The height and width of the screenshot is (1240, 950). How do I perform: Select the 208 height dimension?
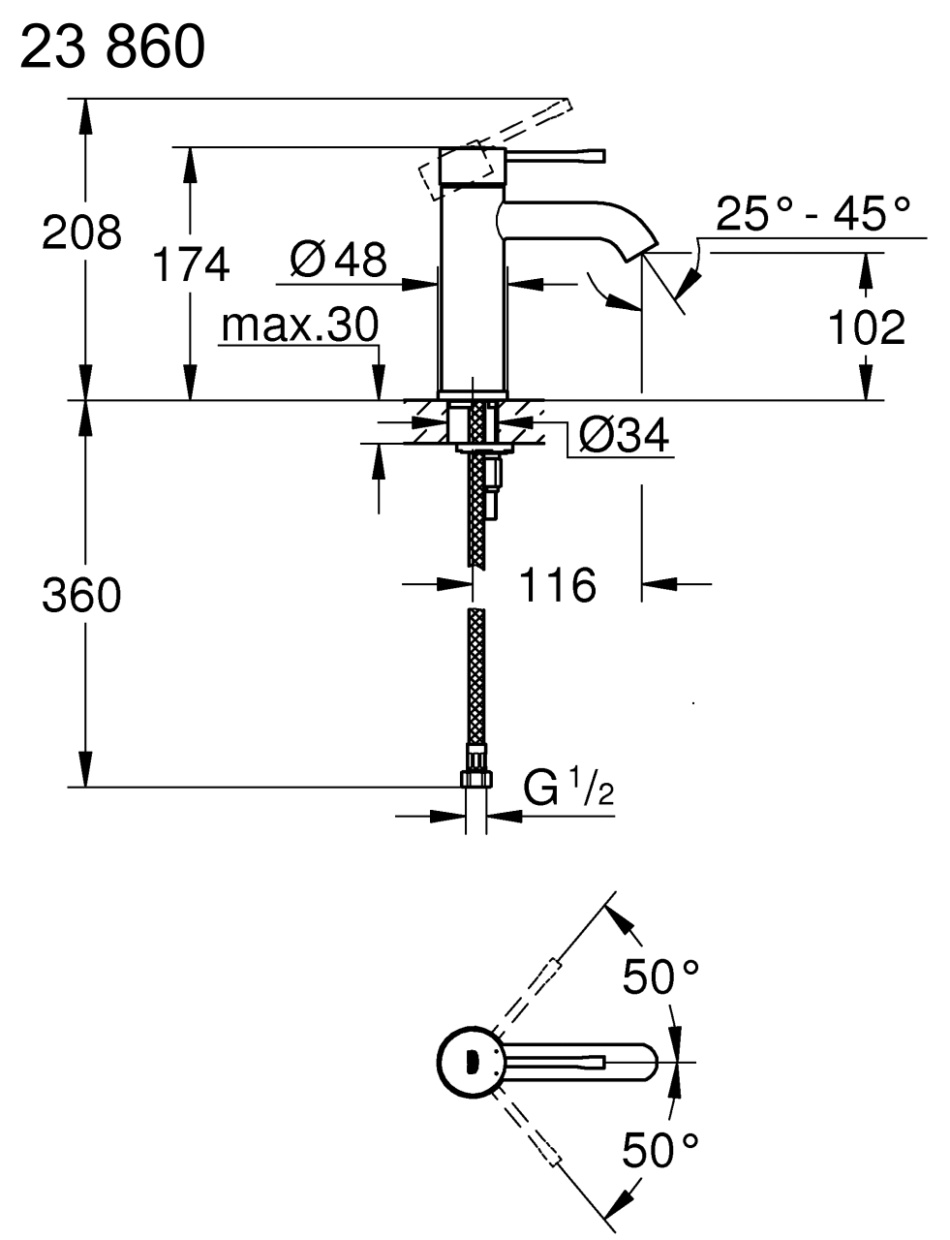click(x=81, y=233)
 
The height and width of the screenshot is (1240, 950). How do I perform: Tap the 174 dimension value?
click(x=192, y=263)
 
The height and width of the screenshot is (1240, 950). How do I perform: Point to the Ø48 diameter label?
click(x=338, y=259)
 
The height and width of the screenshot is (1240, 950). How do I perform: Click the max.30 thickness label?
click(x=298, y=326)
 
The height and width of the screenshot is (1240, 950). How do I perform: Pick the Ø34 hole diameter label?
click(x=623, y=437)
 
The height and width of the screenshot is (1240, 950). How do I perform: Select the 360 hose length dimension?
click(x=81, y=595)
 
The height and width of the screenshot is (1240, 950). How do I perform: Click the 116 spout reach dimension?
click(x=558, y=584)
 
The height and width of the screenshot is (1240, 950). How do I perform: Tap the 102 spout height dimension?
click(x=866, y=327)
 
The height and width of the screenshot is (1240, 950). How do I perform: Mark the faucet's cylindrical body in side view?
click(x=472, y=291)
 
